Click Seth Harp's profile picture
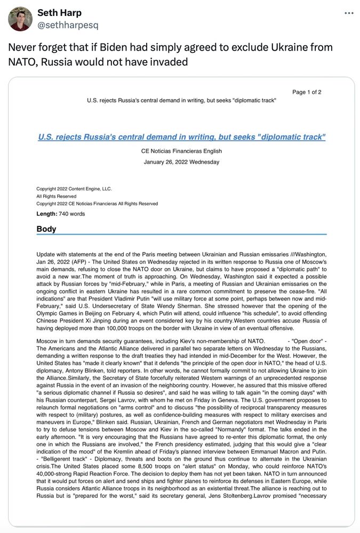click(x=20, y=19)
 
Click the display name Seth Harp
click(x=59, y=13)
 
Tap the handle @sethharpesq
click(x=68, y=25)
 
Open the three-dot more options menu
click(x=349, y=13)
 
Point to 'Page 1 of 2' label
click(x=307, y=92)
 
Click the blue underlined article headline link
click(x=181, y=137)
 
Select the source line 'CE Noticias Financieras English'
click(x=181, y=151)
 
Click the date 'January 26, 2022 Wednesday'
click(x=181, y=162)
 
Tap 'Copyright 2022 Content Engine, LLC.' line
click(x=74, y=189)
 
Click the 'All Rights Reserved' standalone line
click(x=56, y=196)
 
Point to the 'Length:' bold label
click(x=47, y=214)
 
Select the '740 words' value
click(x=71, y=214)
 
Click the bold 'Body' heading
click(x=46, y=229)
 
